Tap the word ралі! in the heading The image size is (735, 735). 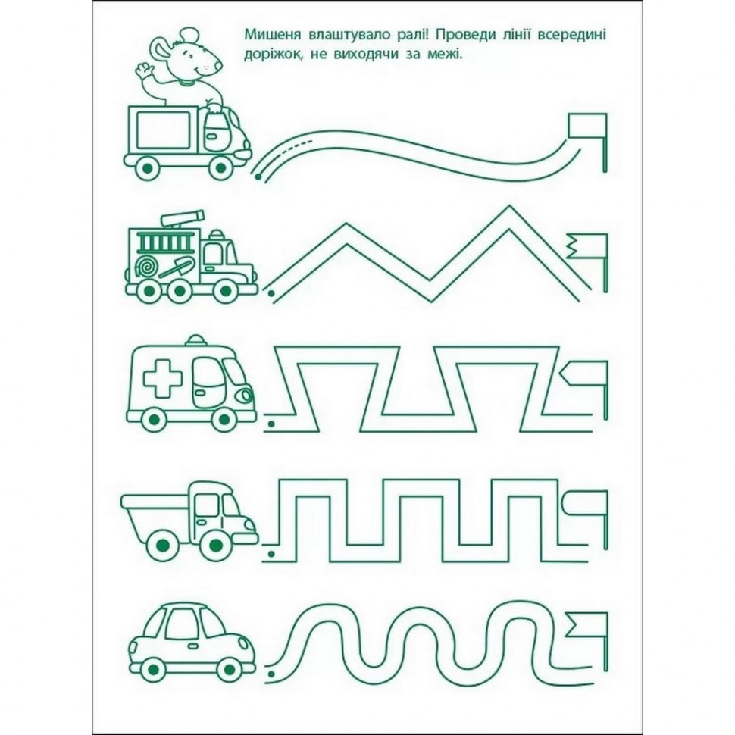point(412,35)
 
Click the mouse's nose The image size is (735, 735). point(220,67)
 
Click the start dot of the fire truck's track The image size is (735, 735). point(271,294)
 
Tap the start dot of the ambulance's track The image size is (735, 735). point(271,424)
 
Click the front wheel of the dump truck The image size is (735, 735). point(215,545)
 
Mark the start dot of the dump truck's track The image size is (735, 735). point(271,555)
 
